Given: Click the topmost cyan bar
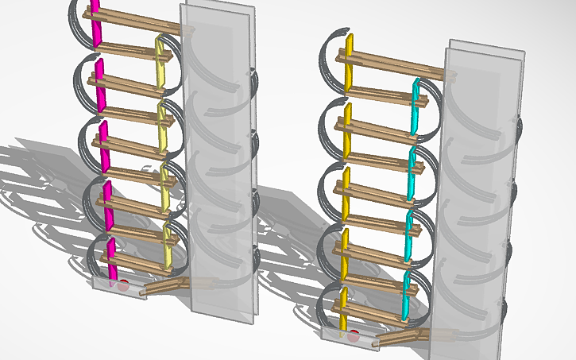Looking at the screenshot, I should point(416,103).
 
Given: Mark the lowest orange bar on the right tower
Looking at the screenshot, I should point(342,310).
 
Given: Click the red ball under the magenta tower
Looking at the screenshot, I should point(123,285).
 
